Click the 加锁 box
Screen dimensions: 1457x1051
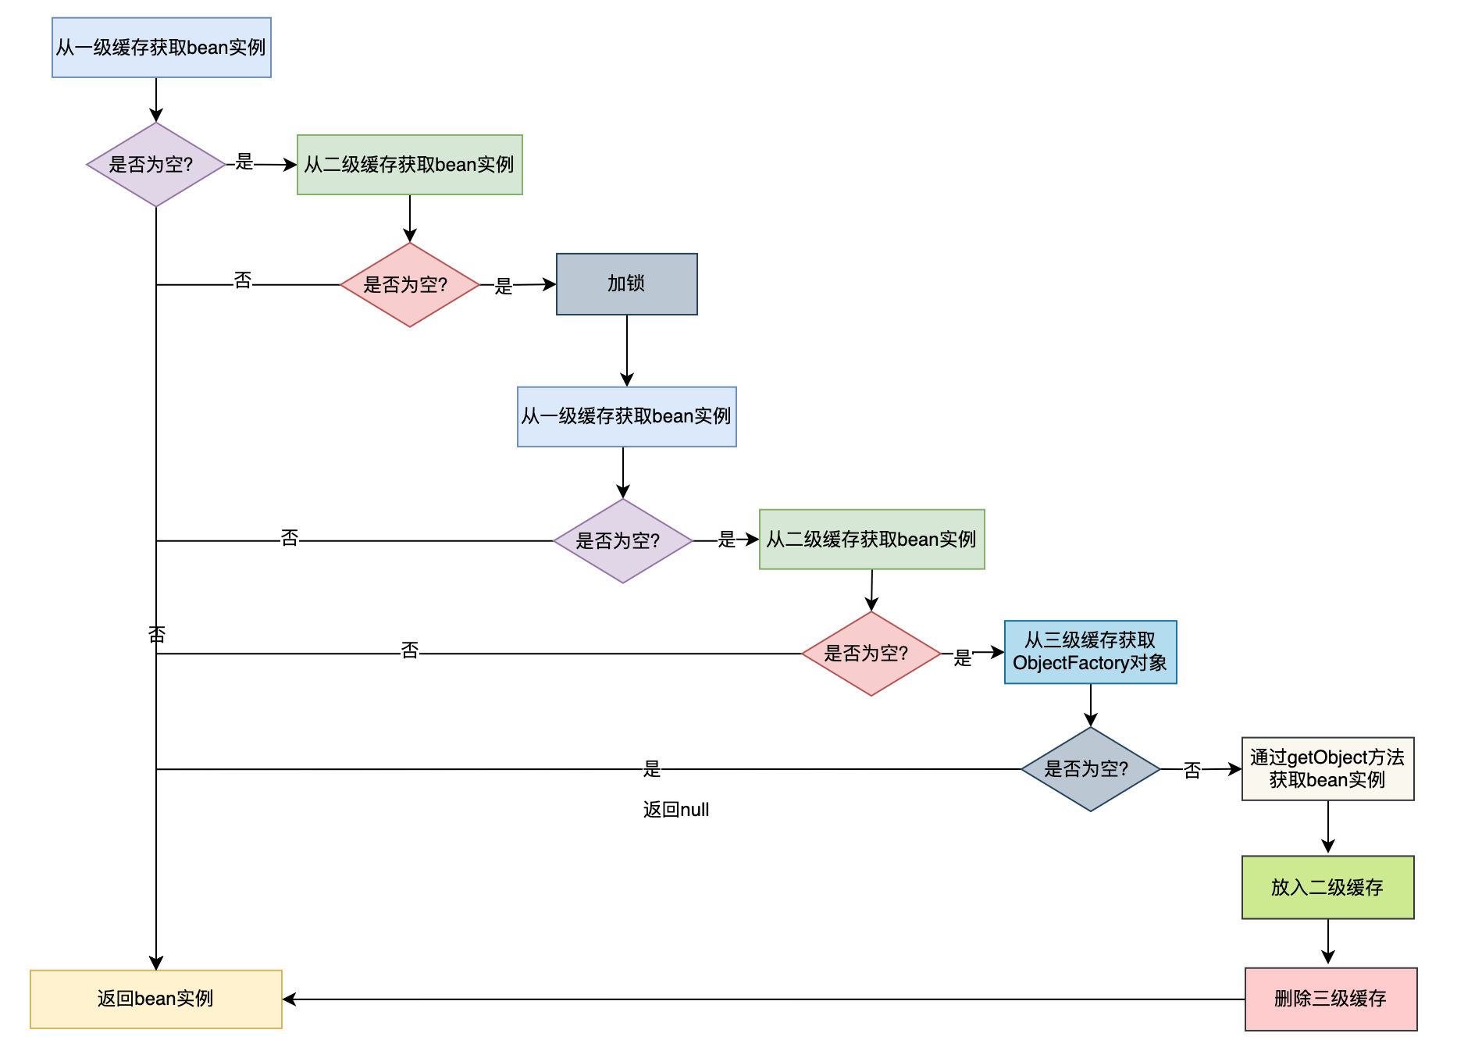[x=627, y=284]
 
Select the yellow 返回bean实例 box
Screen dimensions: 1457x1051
[x=156, y=999]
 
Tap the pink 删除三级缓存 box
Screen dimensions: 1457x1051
[x=1331, y=999]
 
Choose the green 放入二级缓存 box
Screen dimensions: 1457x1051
[x=1327, y=887]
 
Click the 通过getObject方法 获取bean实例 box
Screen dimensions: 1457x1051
[x=1327, y=768]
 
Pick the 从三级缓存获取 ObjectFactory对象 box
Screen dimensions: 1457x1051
[x=1090, y=652]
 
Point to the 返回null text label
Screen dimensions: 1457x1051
[x=676, y=810]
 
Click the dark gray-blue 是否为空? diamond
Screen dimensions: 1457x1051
[x=1090, y=769]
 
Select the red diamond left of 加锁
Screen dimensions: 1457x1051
[x=409, y=285]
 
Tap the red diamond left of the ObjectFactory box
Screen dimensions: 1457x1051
[x=871, y=654]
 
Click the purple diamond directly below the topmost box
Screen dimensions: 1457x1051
[x=156, y=165]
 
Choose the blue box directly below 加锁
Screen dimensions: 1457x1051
[x=626, y=417]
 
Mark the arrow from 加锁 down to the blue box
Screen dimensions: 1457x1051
[x=627, y=351]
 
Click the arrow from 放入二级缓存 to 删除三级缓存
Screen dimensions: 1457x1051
[x=1328, y=942]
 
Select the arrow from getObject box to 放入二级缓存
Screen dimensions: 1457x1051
[x=1328, y=827]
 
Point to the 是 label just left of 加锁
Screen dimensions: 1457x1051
[x=504, y=287]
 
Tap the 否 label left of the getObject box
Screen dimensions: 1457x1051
[x=1192, y=771]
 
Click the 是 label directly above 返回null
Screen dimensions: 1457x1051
[x=652, y=769]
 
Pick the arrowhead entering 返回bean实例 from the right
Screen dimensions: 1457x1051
[x=289, y=999]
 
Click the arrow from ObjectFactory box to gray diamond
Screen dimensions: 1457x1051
[x=1091, y=705]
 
